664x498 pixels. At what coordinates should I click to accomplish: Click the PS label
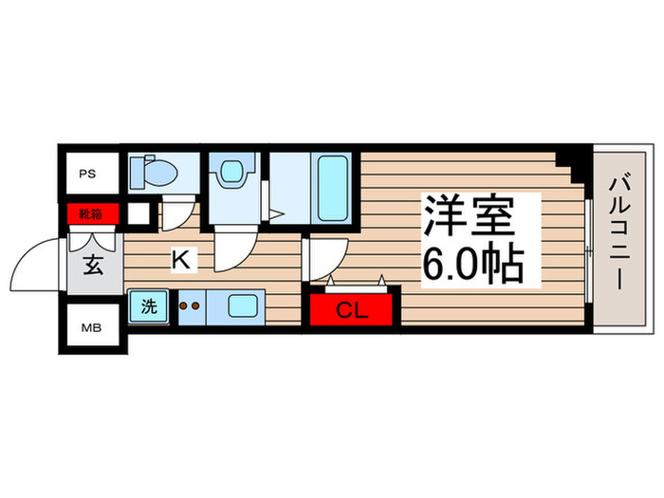(x=87, y=174)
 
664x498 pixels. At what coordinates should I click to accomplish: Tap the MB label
(x=87, y=328)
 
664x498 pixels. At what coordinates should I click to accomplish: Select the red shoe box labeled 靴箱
(x=92, y=213)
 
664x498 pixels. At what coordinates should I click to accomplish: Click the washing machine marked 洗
(x=150, y=306)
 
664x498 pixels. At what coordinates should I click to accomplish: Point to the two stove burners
(x=191, y=306)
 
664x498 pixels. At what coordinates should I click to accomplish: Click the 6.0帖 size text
(x=471, y=263)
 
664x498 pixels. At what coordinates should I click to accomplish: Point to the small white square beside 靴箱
(x=138, y=213)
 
